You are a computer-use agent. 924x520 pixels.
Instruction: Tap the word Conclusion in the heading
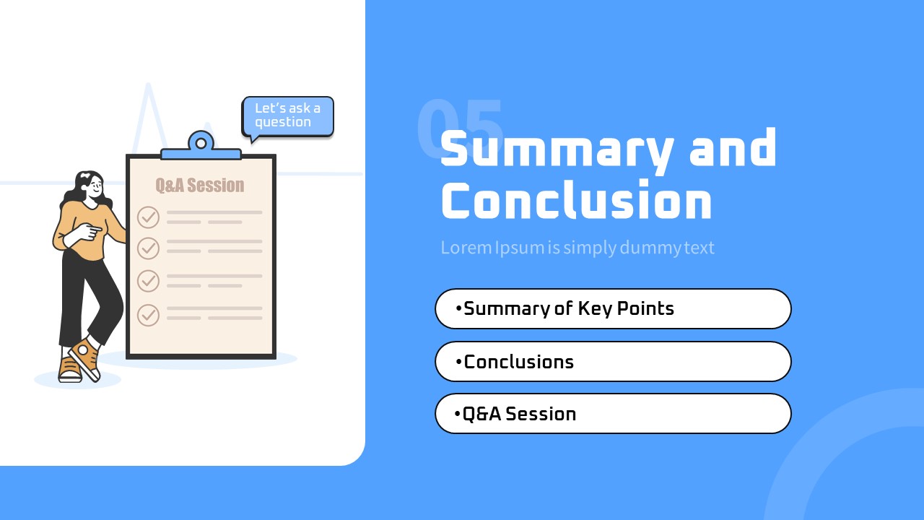tap(577, 200)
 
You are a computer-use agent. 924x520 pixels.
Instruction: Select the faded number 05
tap(460, 128)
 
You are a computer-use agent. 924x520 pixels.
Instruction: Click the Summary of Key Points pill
tap(613, 308)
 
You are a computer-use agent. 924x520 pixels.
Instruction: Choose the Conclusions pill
tap(613, 362)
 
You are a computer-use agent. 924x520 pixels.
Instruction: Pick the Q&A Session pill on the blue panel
tap(613, 414)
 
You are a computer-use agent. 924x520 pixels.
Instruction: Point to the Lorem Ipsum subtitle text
tap(577, 248)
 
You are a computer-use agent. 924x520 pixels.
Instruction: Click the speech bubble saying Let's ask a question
tap(287, 117)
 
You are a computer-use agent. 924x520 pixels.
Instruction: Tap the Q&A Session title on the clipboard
tap(200, 186)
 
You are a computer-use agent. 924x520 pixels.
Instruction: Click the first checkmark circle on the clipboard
tap(148, 217)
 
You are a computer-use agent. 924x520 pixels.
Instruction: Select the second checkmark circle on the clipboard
tap(148, 248)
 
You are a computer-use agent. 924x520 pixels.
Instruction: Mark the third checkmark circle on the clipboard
tap(148, 281)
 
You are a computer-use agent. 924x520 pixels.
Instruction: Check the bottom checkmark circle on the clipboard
tap(148, 315)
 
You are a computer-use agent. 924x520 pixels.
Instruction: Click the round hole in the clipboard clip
tap(201, 143)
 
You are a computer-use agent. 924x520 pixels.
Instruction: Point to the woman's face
tap(95, 188)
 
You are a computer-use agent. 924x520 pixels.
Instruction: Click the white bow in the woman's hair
tap(85, 175)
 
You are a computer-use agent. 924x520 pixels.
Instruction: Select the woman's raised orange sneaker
tap(85, 359)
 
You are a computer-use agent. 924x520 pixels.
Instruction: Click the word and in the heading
tap(733, 148)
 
